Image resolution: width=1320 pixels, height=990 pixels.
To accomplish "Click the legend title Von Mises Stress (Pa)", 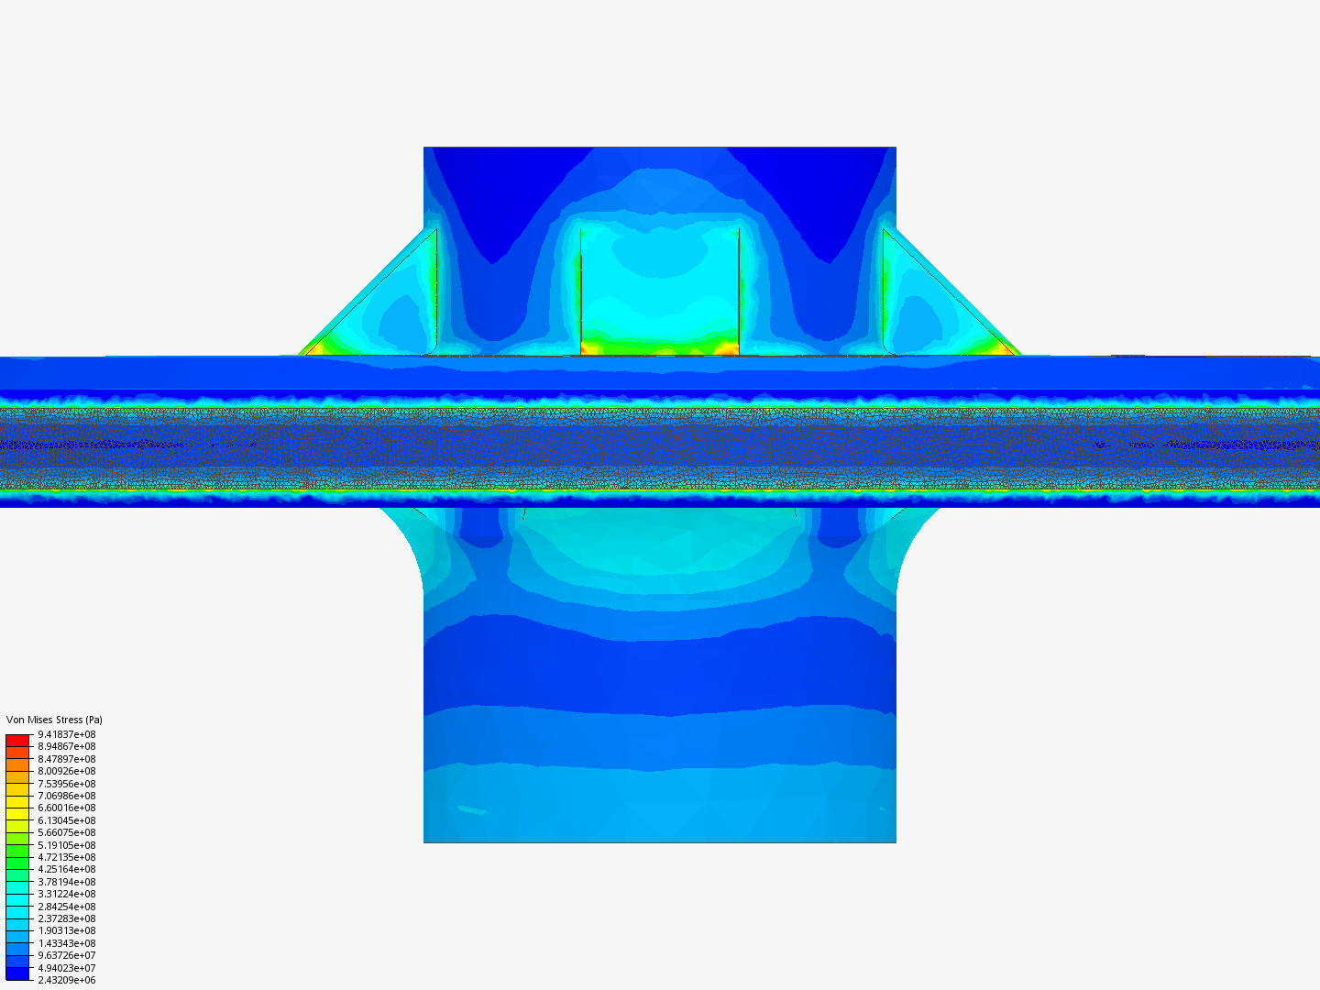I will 54,720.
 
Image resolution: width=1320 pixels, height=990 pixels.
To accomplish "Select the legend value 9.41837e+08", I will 66,734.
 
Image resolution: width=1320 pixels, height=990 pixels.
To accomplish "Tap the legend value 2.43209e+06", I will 66,980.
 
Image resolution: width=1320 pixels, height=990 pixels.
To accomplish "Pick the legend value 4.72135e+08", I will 66,857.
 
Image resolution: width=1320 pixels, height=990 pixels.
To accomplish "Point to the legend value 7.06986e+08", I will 66,796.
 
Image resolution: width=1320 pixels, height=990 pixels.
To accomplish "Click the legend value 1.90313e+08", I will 66,930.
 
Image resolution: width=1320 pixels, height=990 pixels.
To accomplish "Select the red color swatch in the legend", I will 17,740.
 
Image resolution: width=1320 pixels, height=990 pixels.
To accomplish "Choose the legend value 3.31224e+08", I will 66,894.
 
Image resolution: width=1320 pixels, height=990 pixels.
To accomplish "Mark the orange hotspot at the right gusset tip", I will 1005,347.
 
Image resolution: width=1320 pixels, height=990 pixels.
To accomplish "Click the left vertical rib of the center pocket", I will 581,289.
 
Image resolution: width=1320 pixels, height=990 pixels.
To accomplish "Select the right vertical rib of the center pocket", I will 739,289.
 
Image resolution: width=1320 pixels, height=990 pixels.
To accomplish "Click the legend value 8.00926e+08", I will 66,771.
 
